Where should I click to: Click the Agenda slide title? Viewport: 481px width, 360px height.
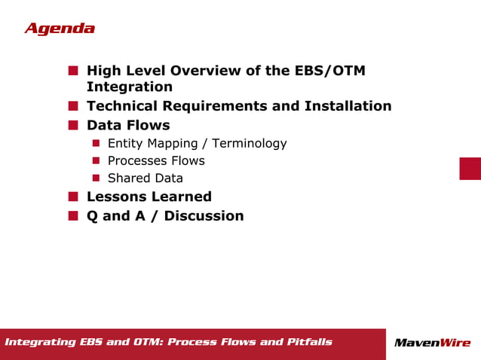(x=60, y=29)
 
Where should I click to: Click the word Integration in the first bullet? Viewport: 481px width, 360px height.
(x=130, y=87)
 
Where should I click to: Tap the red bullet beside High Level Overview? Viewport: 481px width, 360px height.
(x=73, y=71)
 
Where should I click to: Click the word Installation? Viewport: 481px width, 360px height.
(x=348, y=106)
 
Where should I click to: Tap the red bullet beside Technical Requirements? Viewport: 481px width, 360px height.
(x=73, y=106)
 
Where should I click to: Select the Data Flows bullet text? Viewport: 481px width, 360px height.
(x=128, y=125)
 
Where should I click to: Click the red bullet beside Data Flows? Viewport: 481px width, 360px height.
(x=73, y=125)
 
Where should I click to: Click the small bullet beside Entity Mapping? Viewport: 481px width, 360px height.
(x=97, y=143)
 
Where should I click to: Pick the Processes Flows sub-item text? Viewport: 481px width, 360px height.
(x=156, y=160)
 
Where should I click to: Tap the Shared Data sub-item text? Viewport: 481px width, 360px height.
(x=146, y=178)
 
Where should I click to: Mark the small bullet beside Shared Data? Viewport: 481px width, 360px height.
(x=97, y=178)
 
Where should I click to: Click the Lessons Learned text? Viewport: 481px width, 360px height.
(x=149, y=197)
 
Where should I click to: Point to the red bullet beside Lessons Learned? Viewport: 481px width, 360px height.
(x=73, y=197)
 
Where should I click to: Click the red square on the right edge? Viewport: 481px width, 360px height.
(x=470, y=168)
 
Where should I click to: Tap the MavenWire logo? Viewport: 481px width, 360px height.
(x=432, y=343)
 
